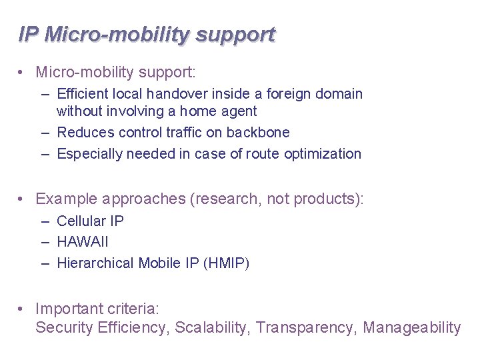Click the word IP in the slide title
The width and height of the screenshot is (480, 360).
(x=28, y=34)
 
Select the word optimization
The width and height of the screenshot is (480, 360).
(x=323, y=154)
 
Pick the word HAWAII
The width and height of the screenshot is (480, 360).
(x=83, y=242)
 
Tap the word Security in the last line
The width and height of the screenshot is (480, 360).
(x=64, y=328)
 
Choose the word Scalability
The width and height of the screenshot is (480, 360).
(x=212, y=328)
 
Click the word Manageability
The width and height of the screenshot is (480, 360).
(x=412, y=328)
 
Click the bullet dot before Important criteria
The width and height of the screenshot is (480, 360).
(x=23, y=309)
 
